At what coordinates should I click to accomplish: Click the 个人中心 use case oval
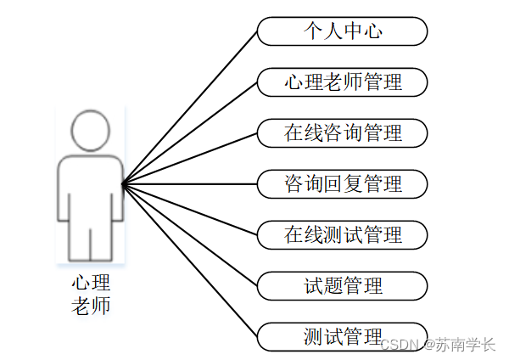coord(342,32)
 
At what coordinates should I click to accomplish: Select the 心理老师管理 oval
coord(342,82)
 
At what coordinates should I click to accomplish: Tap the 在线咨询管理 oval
coord(342,132)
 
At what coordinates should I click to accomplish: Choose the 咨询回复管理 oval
coord(342,183)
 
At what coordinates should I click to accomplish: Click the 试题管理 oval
coord(342,285)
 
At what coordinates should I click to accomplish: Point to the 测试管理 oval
coord(342,336)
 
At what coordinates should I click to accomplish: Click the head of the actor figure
coord(91,130)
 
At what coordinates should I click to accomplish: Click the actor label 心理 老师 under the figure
coord(91,293)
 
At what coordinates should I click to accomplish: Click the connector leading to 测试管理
coord(190,260)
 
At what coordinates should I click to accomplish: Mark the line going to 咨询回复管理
coord(190,183)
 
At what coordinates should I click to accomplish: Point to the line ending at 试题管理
coord(190,234)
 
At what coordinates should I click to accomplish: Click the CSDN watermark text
coord(400,345)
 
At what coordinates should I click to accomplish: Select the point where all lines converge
coord(123,183)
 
